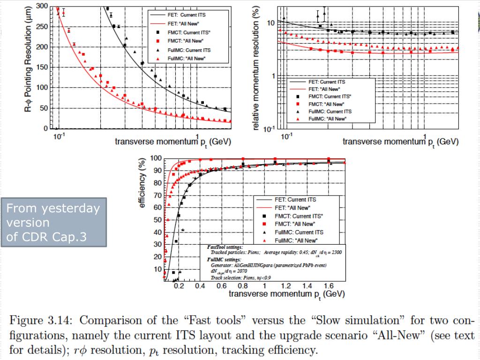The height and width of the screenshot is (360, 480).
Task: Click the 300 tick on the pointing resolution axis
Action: pyautogui.click(x=42, y=6)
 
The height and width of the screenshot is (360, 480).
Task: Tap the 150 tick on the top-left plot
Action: pyautogui.click(x=42, y=67)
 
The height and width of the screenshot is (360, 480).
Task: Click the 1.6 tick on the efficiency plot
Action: pyautogui.click(x=328, y=286)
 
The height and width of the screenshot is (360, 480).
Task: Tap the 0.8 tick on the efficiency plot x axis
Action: pyautogui.click(x=243, y=286)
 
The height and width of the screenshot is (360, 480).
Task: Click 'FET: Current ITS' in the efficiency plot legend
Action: pyautogui.click(x=295, y=200)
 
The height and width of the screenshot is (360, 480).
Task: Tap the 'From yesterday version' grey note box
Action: pyautogui.click(x=53, y=222)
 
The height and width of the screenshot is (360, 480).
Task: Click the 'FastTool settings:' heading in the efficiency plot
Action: pyautogui.click(x=225, y=247)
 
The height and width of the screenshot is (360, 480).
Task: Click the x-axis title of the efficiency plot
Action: pyautogui.click(x=287, y=294)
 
